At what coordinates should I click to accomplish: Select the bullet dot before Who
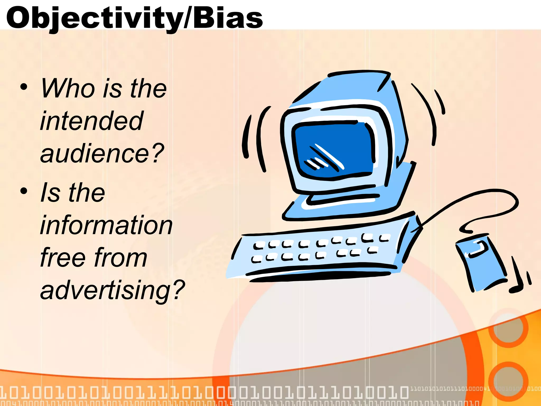[x=24, y=87]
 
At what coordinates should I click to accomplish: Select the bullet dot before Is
[x=24, y=191]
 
